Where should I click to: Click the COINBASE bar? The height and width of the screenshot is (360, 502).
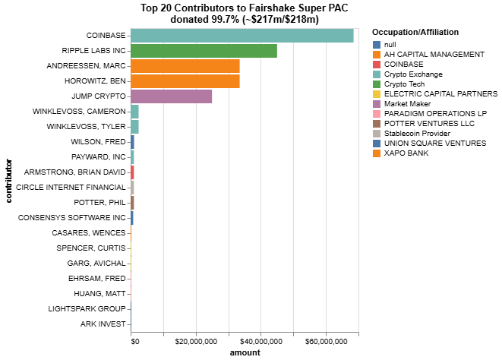pos(242,36)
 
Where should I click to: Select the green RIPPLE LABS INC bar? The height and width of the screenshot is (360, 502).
pos(204,51)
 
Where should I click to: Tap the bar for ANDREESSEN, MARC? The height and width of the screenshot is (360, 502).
pos(185,66)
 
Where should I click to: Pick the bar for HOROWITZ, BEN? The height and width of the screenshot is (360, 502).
pos(185,81)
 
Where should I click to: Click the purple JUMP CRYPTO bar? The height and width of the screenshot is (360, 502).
pos(171,96)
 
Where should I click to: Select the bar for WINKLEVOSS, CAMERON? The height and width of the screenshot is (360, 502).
pos(134,112)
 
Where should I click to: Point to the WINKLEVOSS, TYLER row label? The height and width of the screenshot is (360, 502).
pos(86,127)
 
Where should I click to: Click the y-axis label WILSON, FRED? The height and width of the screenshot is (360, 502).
pos(98,142)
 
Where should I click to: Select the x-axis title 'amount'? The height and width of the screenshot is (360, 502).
pos(245,353)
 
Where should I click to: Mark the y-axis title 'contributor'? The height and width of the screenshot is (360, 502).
pos(9,180)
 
